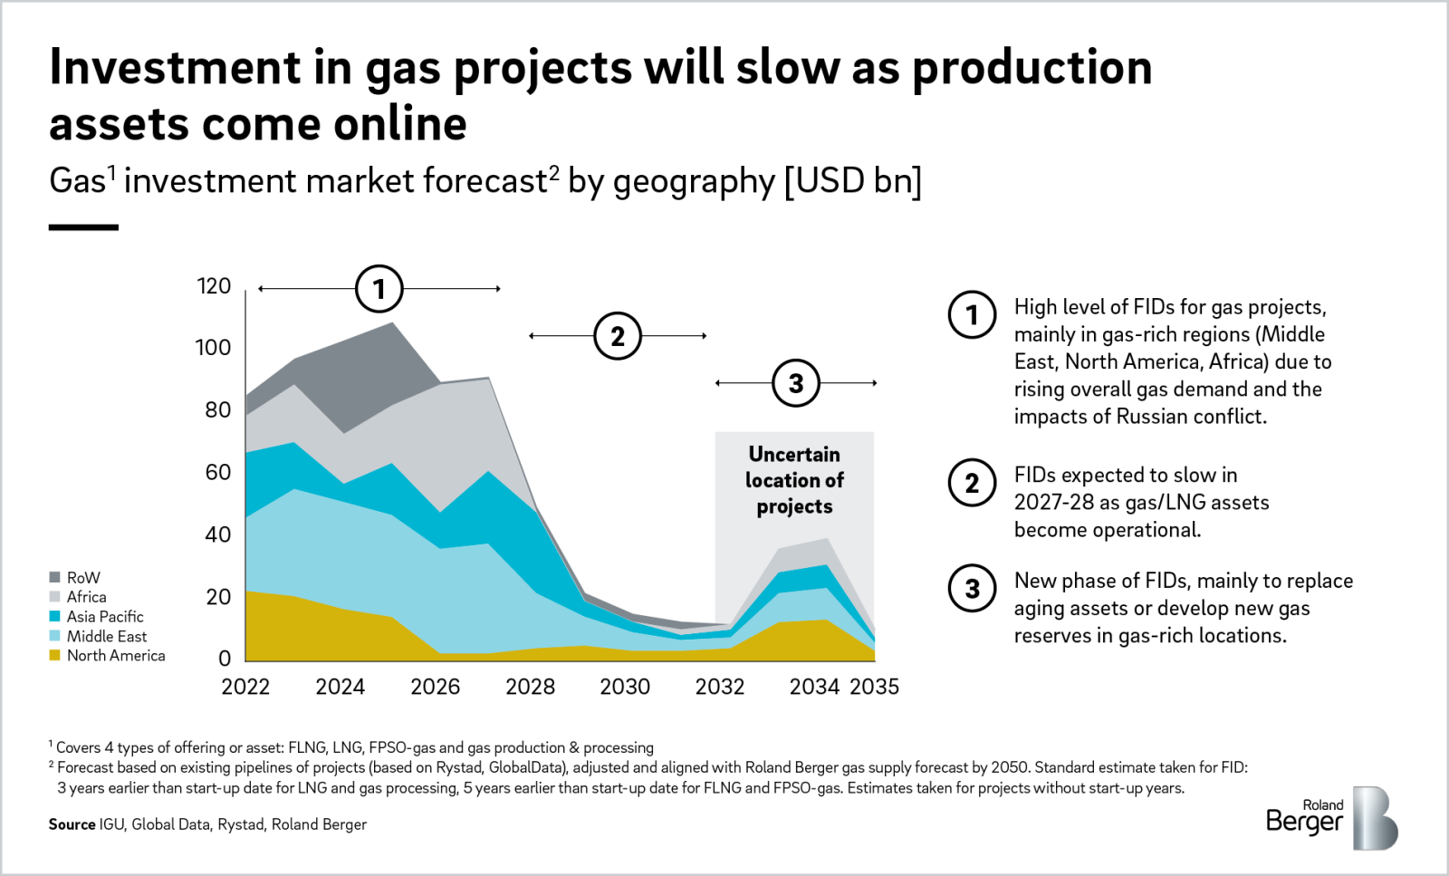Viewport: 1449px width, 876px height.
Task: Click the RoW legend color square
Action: pos(55,577)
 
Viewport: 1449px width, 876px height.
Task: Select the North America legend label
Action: pos(116,656)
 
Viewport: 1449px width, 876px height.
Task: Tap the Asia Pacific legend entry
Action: pos(104,617)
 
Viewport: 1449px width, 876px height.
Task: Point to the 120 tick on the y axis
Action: pos(214,286)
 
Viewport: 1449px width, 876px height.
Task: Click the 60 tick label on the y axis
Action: pos(217,472)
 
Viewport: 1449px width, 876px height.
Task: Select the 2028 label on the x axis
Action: pos(530,687)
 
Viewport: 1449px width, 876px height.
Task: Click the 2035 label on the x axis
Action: pos(874,687)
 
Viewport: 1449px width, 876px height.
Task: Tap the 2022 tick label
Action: pos(245,687)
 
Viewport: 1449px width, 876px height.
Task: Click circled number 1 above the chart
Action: pos(379,289)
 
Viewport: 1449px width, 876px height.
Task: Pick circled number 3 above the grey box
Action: pos(795,383)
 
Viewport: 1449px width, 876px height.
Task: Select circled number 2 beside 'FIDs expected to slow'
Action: pos(972,483)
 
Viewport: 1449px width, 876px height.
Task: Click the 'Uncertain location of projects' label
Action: pos(794,480)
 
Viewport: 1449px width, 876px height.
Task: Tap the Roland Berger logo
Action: pos(1331,817)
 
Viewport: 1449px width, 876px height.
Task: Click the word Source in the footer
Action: pos(72,824)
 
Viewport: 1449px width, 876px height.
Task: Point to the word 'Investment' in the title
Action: pos(175,68)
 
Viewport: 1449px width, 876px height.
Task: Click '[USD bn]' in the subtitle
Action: pos(852,181)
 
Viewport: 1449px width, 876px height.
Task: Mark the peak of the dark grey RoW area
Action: pos(391,323)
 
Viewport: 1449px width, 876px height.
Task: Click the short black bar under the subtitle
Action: pos(83,227)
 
